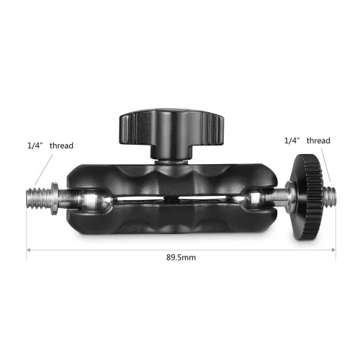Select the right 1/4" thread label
[x=308, y=140]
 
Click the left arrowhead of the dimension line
[x=30, y=251]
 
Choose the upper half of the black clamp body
[x=166, y=176]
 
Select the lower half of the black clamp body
[x=166, y=216]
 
